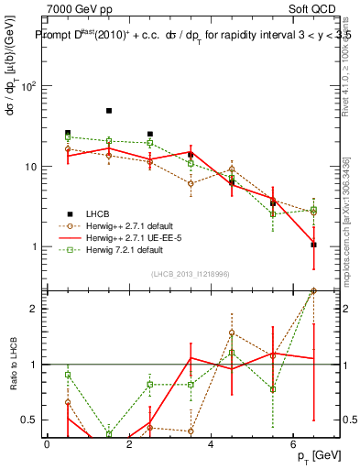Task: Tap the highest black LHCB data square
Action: [109, 111]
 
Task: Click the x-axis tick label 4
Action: [212, 444]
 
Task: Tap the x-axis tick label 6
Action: [293, 444]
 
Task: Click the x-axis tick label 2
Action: [129, 444]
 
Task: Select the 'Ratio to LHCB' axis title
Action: [12, 364]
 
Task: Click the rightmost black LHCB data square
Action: [313, 245]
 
